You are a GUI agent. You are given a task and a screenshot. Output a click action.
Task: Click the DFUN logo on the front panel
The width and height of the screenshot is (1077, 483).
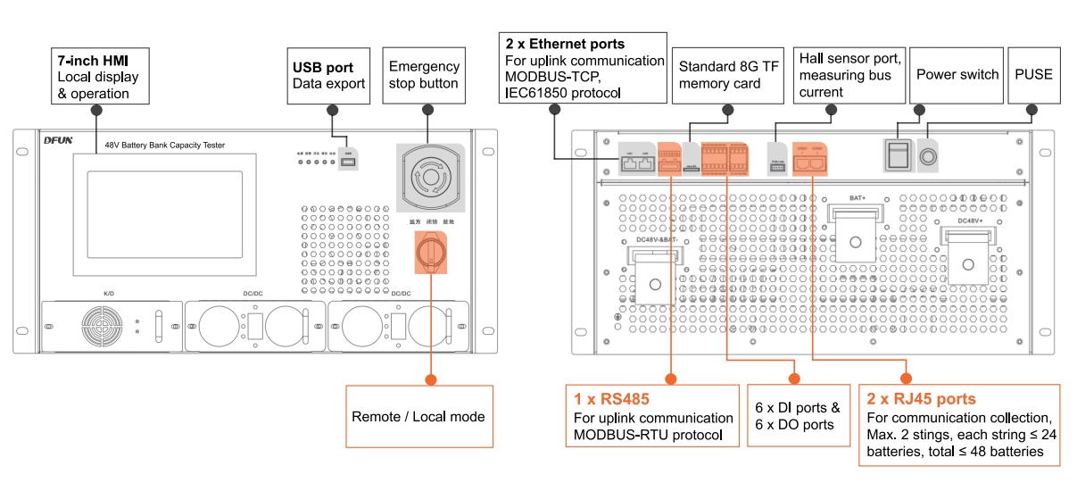[x=59, y=141]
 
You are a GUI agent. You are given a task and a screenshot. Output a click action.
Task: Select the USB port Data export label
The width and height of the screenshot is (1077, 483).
[x=328, y=75]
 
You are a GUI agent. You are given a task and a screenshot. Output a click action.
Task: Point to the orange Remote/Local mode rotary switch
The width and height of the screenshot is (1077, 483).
[x=429, y=252]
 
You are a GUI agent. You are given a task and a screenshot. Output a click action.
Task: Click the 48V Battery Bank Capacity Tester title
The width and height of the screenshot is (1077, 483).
[x=164, y=145]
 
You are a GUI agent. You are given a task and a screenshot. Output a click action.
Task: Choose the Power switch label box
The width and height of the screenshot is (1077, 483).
[x=957, y=75]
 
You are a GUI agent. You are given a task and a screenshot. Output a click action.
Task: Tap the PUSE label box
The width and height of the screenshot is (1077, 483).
[x=1033, y=75]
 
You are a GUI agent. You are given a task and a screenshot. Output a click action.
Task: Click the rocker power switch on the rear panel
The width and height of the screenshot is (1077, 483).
[x=897, y=154]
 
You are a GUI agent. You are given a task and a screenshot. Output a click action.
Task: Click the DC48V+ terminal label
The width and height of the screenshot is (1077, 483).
[x=971, y=220]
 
